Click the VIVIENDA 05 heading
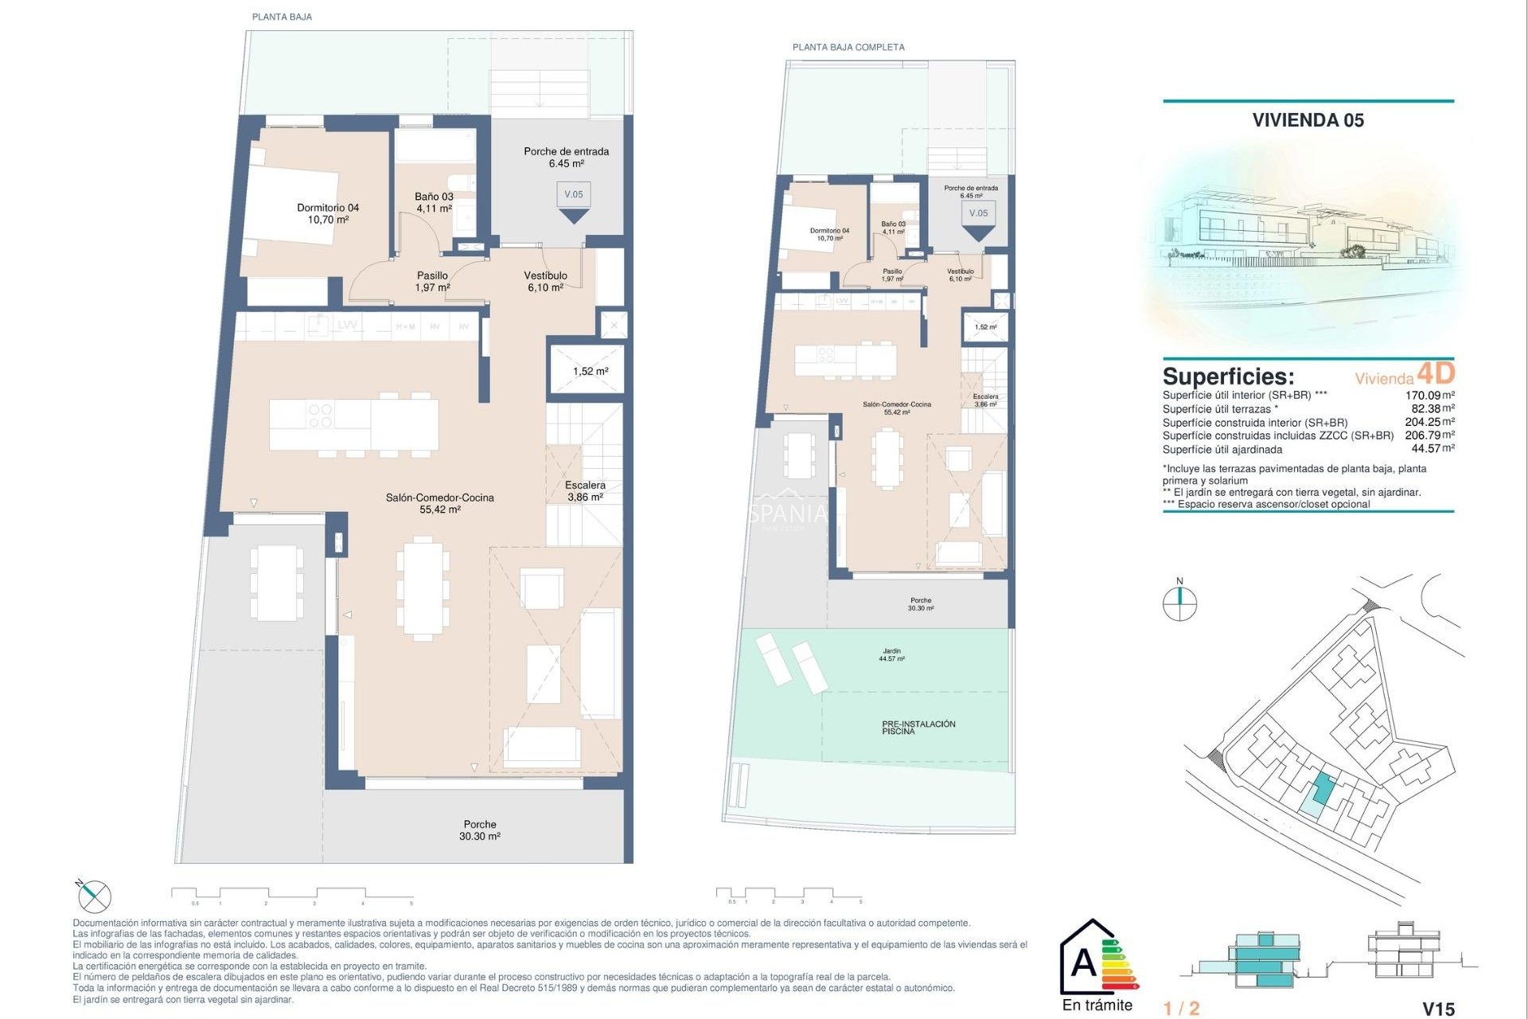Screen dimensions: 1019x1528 [1308, 120]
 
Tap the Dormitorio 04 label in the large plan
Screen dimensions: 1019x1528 [328, 213]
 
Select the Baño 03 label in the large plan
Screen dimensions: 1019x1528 [434, 202]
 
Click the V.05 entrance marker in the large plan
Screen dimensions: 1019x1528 [574, 195]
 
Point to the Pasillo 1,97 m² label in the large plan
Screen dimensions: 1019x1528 [432, 281]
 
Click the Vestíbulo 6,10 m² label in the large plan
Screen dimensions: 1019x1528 [545, 281]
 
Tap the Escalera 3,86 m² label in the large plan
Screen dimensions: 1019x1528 [585, 490]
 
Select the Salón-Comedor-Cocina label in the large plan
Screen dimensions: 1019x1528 [439, 503]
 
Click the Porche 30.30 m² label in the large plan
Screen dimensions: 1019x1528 [479, 830]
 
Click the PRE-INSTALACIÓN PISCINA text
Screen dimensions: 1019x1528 [918, 727]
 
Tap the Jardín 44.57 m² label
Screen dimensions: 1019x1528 [891, 654]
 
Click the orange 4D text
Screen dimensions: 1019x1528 [1436, 373]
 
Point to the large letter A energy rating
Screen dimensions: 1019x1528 [1083, 963]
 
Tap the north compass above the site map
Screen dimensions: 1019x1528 [1179, 602]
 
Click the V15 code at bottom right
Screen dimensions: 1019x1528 [1437, 1009]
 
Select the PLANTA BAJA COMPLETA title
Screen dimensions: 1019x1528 [848, 47]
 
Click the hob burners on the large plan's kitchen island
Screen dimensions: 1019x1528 [320, 416]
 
